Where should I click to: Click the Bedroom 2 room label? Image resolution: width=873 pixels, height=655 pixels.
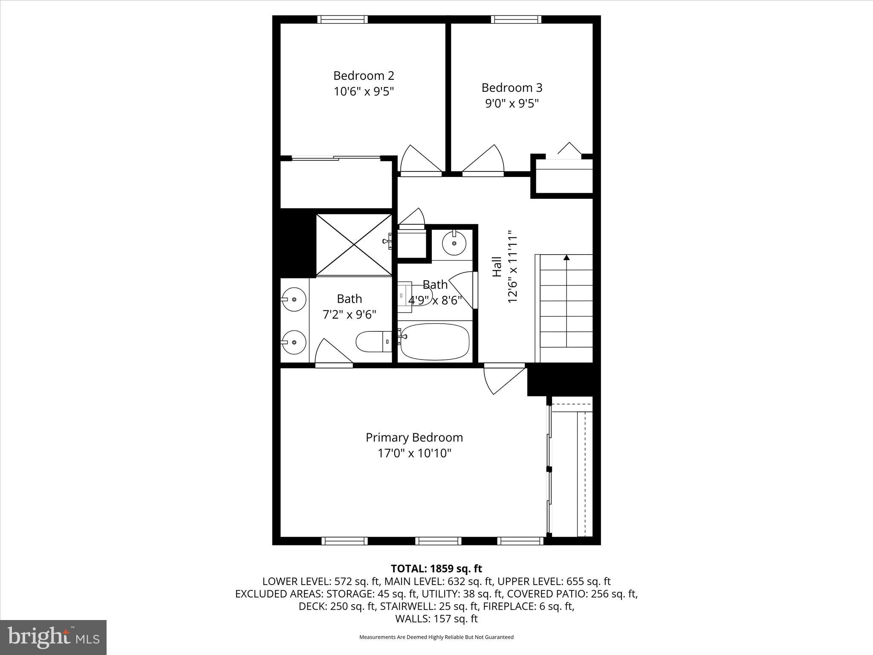[364, 76]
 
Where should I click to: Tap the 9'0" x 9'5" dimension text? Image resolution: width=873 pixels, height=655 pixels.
[512, 104]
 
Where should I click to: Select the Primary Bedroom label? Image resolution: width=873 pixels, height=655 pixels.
[414, 438]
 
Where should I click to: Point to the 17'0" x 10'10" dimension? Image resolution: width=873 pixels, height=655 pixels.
[414, 453]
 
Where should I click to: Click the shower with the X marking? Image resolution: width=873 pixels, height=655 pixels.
[354, 245]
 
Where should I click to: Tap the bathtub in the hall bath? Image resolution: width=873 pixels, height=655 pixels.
[435, 342]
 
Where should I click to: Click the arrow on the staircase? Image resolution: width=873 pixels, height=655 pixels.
[566, 258]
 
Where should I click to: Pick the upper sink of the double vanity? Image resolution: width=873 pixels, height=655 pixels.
[294, 299]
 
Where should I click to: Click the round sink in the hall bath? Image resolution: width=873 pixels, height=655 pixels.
[454, 243]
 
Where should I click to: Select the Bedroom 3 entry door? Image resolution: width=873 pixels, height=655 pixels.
[484, 161]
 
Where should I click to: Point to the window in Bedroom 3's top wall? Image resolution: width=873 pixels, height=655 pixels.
[516, 19]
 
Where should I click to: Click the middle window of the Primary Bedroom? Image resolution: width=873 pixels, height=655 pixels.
[438, 541]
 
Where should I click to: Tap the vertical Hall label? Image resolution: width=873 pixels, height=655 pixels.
[497, 267]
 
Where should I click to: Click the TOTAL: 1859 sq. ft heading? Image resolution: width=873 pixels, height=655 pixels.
[436, 568]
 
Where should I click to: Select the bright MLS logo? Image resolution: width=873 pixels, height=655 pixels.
[53, 637]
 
